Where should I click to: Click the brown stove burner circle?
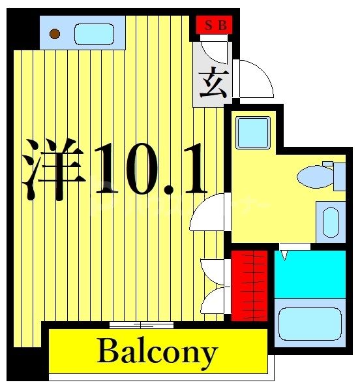55,33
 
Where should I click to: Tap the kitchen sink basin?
94,33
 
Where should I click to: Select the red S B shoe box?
215,26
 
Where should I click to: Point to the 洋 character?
55,168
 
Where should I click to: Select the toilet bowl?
314,176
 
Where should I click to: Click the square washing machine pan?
252,133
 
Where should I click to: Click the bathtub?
310,324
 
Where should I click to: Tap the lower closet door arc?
213,301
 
